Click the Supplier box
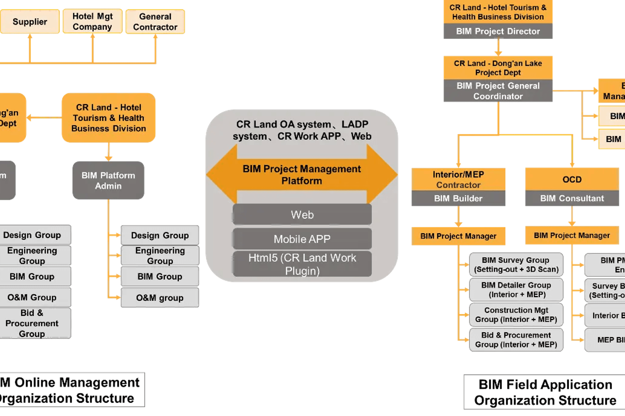pyautogui.click(x=30, y=22)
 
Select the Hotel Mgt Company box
pyautogui.click(x=92, y=21)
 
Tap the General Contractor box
pyautogui.click(x=155, y=22)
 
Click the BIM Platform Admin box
pyautogui.click(x=108, y=181)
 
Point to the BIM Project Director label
pyautogui.click(x=498, y=32)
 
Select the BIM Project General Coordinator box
pyautogui.click(x=498, y=91)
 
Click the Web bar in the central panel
pyautogui.click(x=302, y=215)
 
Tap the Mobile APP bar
pyautogui.click(x=302, y=239)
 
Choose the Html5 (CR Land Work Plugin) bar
pyautogui.click(x=302, y=264)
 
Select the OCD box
pyautogui.click(x=572, y=179)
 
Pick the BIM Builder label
pyautogui.click(x=458, y=199)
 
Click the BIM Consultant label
pyautogui.click(x=572, y=199)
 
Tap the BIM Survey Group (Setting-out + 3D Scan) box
pyautogui.click(x=516, y=265)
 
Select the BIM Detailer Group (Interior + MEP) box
pyautogui.click(x=516, y=290)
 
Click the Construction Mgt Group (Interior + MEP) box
pyautogui.click(x=516, y=315)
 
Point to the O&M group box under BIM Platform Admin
pyautogui.click(x=160, y=298)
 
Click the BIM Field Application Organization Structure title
pyautogui.click(x=545, y=392)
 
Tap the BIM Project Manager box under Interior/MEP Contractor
pyautogui.click(x=458, y=236)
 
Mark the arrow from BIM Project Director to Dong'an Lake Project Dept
pyautogui.click(x=498, y=47)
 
